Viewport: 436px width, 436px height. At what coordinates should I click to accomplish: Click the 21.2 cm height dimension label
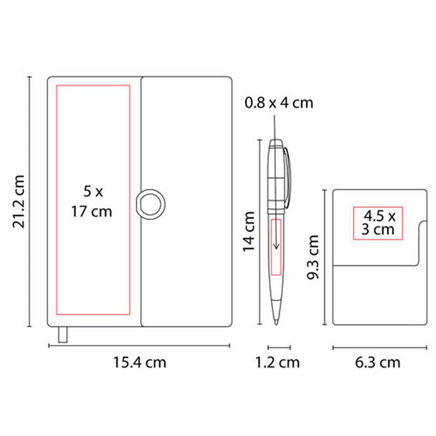click(19, 202)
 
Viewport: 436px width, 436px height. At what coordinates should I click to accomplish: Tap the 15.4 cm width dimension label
click(140, 363)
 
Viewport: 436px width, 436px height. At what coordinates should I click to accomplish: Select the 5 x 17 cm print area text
click(92, 201)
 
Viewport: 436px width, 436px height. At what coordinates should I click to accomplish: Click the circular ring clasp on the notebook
click(151, 204)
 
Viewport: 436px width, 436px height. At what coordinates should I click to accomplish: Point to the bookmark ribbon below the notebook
click(63, 334)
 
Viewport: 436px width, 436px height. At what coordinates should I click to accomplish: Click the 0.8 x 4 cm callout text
click(279, 103)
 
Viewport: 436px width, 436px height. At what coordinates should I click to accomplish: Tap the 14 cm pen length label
click(249, 232)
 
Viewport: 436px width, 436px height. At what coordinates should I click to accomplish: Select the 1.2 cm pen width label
click(278, 363)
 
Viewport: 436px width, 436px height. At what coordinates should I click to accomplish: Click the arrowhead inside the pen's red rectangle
click(276, 246)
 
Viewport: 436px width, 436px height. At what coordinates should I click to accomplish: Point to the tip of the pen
click(276, 324)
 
